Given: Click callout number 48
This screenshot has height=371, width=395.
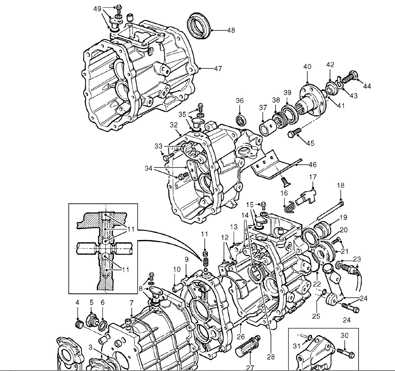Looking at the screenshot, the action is point(231,30).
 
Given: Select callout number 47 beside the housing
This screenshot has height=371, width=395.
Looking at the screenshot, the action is point(218,68).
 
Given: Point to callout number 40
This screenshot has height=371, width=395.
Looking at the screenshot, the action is point(307,67).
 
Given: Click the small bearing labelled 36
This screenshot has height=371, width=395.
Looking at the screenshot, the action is point(241,120).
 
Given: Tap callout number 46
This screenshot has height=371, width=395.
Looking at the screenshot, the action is point(312,165).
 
